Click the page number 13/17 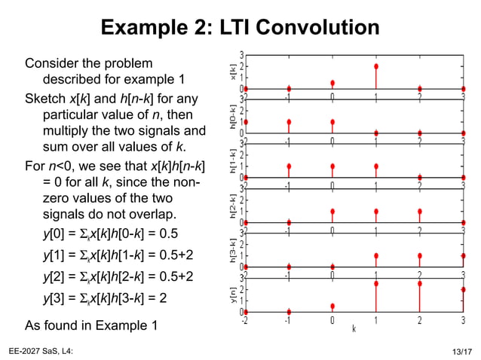457,352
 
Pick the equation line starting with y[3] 105,297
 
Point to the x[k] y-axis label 233,72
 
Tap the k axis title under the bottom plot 354,328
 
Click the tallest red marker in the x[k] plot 375,66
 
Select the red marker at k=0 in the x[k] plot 332,83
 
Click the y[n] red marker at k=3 463,289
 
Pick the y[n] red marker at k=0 332,306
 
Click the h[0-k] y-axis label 233,117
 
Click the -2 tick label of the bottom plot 244,321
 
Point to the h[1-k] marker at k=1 375,166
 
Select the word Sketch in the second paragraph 45,99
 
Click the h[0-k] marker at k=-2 246,122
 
